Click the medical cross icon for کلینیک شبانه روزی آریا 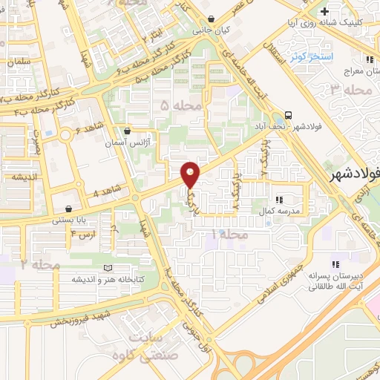324,12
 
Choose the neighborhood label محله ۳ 350,90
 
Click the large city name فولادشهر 354,174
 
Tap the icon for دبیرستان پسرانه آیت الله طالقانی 335,263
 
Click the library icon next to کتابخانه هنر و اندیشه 109,268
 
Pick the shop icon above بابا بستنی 69,209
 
